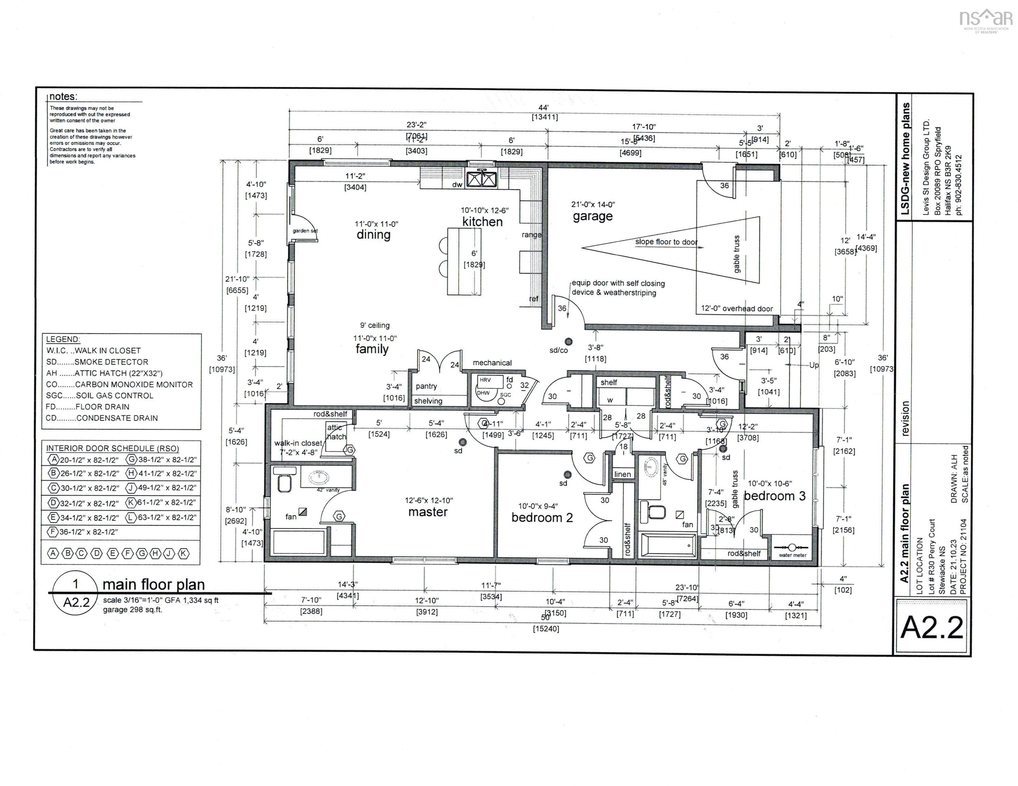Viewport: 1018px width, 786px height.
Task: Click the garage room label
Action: click(x=593, y=216)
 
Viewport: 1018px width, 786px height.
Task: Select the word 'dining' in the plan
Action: click(x=373, y=234)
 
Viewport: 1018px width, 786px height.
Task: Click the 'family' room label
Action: click(x=372, y=349)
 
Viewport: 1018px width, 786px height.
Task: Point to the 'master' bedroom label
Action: click(x=428, y=512)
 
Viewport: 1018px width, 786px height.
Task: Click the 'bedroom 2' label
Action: click(x=542, y=518)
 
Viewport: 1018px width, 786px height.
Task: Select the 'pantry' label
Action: click(x=426, y=387)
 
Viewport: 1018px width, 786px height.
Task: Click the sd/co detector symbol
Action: click(x=568, y=342)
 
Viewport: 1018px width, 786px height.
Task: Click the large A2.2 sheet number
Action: click(x=932, y=628)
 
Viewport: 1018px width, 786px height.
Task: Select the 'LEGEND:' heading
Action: click(x=63, y=339)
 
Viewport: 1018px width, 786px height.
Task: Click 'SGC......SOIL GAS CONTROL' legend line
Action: click(x=100, y=395)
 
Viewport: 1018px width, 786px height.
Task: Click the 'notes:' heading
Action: click(x=63, y=97)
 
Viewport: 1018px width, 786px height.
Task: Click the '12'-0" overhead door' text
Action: click(x=737, y=309)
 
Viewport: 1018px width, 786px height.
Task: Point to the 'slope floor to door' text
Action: click(x=666, y=242)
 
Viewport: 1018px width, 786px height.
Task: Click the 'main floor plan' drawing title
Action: click(x=154, y=585)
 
